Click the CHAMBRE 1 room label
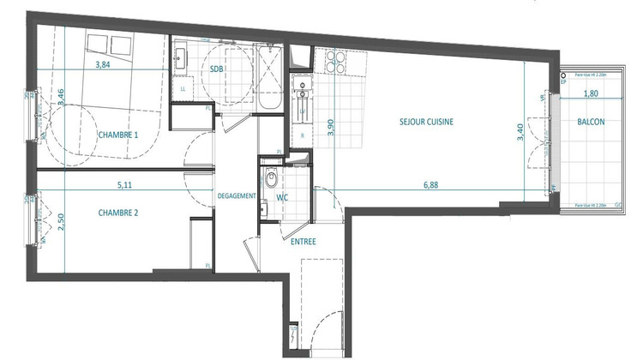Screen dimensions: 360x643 point(118,135)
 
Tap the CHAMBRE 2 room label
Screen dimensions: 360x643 point(118,213)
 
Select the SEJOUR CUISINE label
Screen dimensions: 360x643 point(426,122)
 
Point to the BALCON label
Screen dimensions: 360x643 point(591,122)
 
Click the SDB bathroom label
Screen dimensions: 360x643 point(217,71)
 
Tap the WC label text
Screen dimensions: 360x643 point(281,197)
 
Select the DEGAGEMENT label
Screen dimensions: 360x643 point(236,196)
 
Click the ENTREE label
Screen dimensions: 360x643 point(303,242)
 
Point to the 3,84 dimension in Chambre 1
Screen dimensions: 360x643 point(103,64)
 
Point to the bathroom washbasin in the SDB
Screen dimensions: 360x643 point(183,59)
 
